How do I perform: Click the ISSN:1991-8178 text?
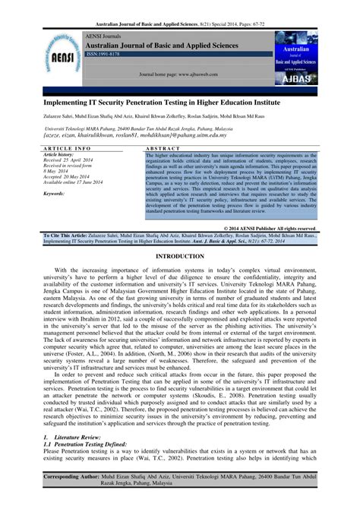tap(107, 54)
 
